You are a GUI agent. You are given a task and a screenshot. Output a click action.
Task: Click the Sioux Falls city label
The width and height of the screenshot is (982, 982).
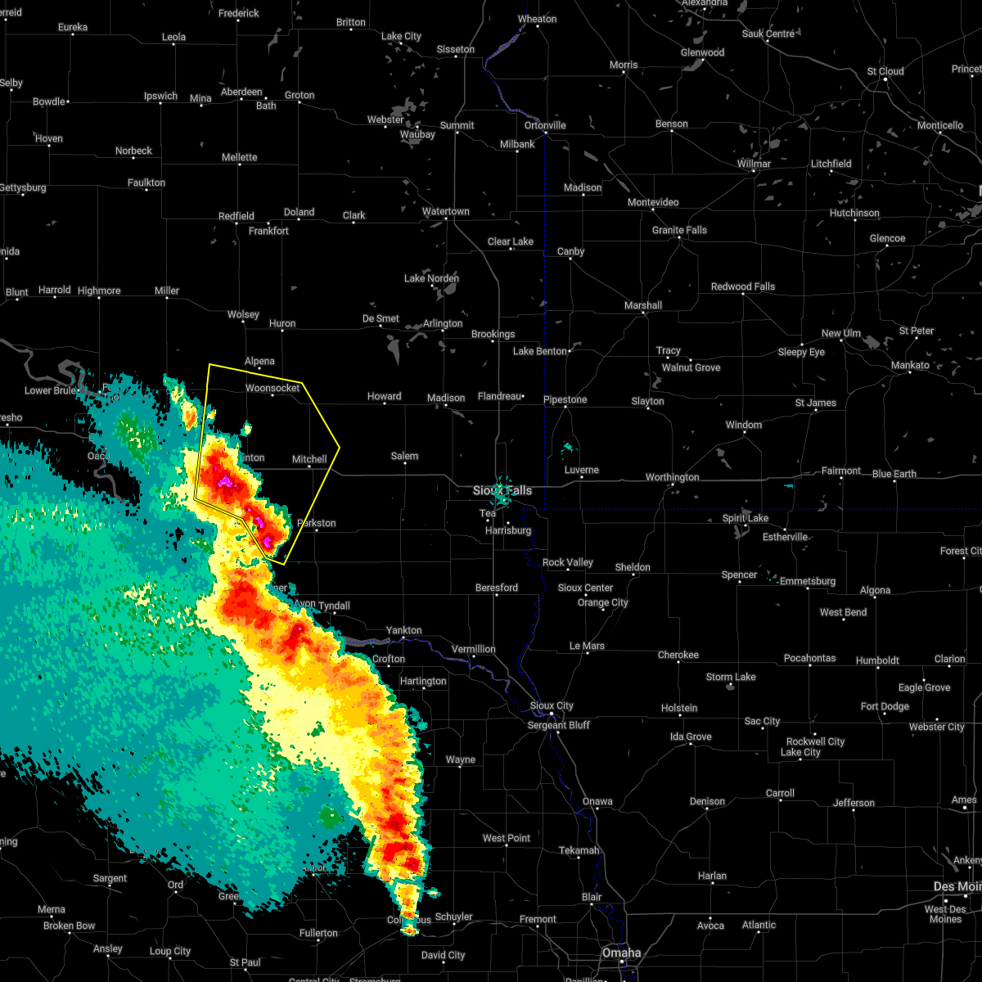(502, 490)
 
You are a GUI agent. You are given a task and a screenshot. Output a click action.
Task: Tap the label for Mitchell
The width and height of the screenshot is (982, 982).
(309, 459)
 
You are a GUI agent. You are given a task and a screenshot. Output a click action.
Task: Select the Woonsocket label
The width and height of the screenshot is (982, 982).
(273, 388)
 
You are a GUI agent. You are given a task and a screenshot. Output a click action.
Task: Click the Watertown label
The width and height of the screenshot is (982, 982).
(446, 211)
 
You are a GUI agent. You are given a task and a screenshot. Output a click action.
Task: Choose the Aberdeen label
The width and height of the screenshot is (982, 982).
(241, 92)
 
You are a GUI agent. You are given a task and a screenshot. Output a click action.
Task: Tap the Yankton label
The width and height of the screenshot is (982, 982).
(404, 630)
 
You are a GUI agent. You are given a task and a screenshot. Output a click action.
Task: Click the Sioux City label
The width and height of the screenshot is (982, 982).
(552, 705)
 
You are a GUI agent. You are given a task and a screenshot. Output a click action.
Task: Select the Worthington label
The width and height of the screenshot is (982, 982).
(672, 477)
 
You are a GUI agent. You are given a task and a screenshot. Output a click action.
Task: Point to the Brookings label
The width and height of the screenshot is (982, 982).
(493, 334)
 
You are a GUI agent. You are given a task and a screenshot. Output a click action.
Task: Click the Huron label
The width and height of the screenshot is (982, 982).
(282, 324)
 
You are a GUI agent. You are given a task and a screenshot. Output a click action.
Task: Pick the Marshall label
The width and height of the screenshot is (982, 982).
(643, 305)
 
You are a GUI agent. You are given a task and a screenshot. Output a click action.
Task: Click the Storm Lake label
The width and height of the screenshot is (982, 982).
(731, 677)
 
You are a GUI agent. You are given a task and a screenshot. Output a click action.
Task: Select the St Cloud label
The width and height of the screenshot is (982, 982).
(885, 71)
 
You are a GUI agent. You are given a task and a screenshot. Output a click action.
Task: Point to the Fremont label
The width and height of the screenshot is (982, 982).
(538, 919)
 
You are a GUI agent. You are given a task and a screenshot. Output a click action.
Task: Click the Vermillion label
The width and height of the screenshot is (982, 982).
(473, 649)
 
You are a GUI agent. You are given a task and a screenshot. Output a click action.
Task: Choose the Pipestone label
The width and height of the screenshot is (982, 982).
(565, 399)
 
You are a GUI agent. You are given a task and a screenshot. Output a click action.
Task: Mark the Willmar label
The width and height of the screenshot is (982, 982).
(754, 164)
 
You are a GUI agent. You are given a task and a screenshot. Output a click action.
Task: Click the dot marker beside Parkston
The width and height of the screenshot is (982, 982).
(316, 531)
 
